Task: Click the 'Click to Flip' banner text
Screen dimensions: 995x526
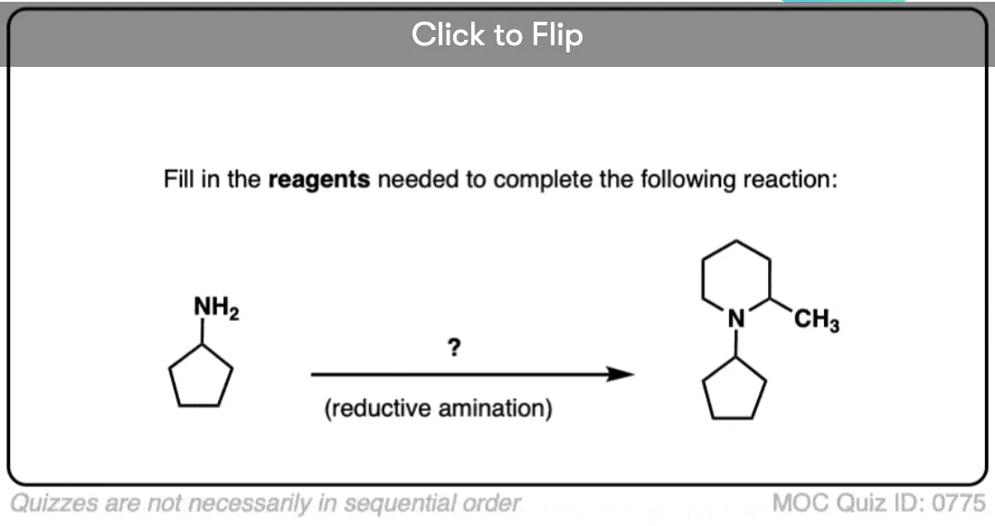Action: pos(497,35)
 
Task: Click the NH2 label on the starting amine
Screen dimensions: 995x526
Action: pos(216,308)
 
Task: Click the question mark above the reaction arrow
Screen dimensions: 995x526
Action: pos(454,347)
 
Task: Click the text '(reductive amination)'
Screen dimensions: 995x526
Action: pos(439,409)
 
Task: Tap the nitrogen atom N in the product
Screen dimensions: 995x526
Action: pos(736,318)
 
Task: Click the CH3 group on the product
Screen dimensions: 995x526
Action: pos(817,319)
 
